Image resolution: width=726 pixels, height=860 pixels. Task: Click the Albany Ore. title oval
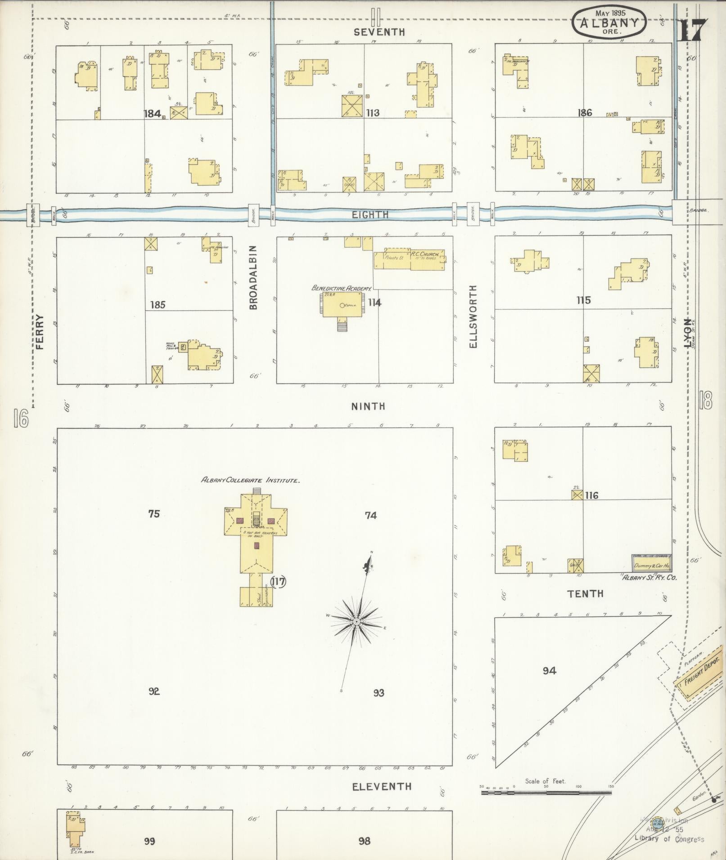pyautogui.click(x=609, y=21)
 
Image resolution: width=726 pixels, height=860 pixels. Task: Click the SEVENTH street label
pyautogui.click(x=379, y=32)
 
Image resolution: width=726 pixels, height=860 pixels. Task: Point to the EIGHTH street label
pyautogui.click(x=370, y=215)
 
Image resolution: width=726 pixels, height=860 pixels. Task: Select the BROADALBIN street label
pyautogui.click(x=253, y=277)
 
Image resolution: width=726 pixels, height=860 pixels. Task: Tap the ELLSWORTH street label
pyautogui.click(x=473, y=316)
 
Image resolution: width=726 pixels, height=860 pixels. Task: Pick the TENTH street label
pyautogui.click(x=585, y=593)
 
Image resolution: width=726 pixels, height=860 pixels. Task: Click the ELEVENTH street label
pyautogui.click(x=382, y=786)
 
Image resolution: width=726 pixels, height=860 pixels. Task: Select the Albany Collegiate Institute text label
pyautogui.click(x=250, y=480)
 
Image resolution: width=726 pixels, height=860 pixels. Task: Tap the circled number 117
pyautogui.click(x=279, y=582)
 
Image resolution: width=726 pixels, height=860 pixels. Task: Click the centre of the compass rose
pyautogui.click(x=356, y=622)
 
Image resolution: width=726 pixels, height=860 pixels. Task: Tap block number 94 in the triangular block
pyautogui.click(x=549, y=671)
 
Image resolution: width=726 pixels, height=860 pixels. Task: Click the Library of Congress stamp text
pyautogui.click(x=669, y=839)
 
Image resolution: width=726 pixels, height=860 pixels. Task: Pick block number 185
pyautogui.click(x=158, y=305)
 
